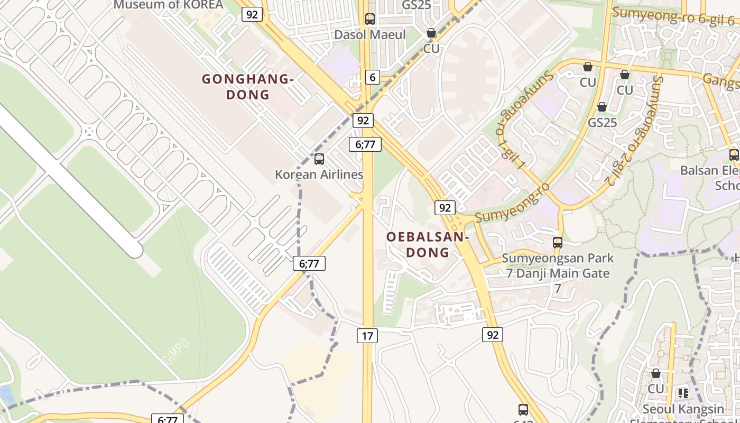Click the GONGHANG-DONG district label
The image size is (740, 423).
247,87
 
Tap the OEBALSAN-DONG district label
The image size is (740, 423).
428,244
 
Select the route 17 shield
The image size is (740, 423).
367,335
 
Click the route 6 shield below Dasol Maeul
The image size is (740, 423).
373,78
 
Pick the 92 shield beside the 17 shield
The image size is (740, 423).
492,335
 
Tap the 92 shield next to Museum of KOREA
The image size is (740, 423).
252,14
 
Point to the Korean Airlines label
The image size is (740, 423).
319,174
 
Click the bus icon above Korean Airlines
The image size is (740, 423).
319,159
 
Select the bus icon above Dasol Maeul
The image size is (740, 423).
370,19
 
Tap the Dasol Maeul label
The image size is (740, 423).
370,35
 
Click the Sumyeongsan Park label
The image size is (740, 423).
558,259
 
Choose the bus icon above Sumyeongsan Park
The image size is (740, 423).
557,243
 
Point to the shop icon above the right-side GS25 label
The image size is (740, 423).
602,107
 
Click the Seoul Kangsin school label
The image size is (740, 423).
683,409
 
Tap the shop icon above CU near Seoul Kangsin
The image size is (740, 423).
656,373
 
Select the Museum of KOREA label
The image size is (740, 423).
169,5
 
